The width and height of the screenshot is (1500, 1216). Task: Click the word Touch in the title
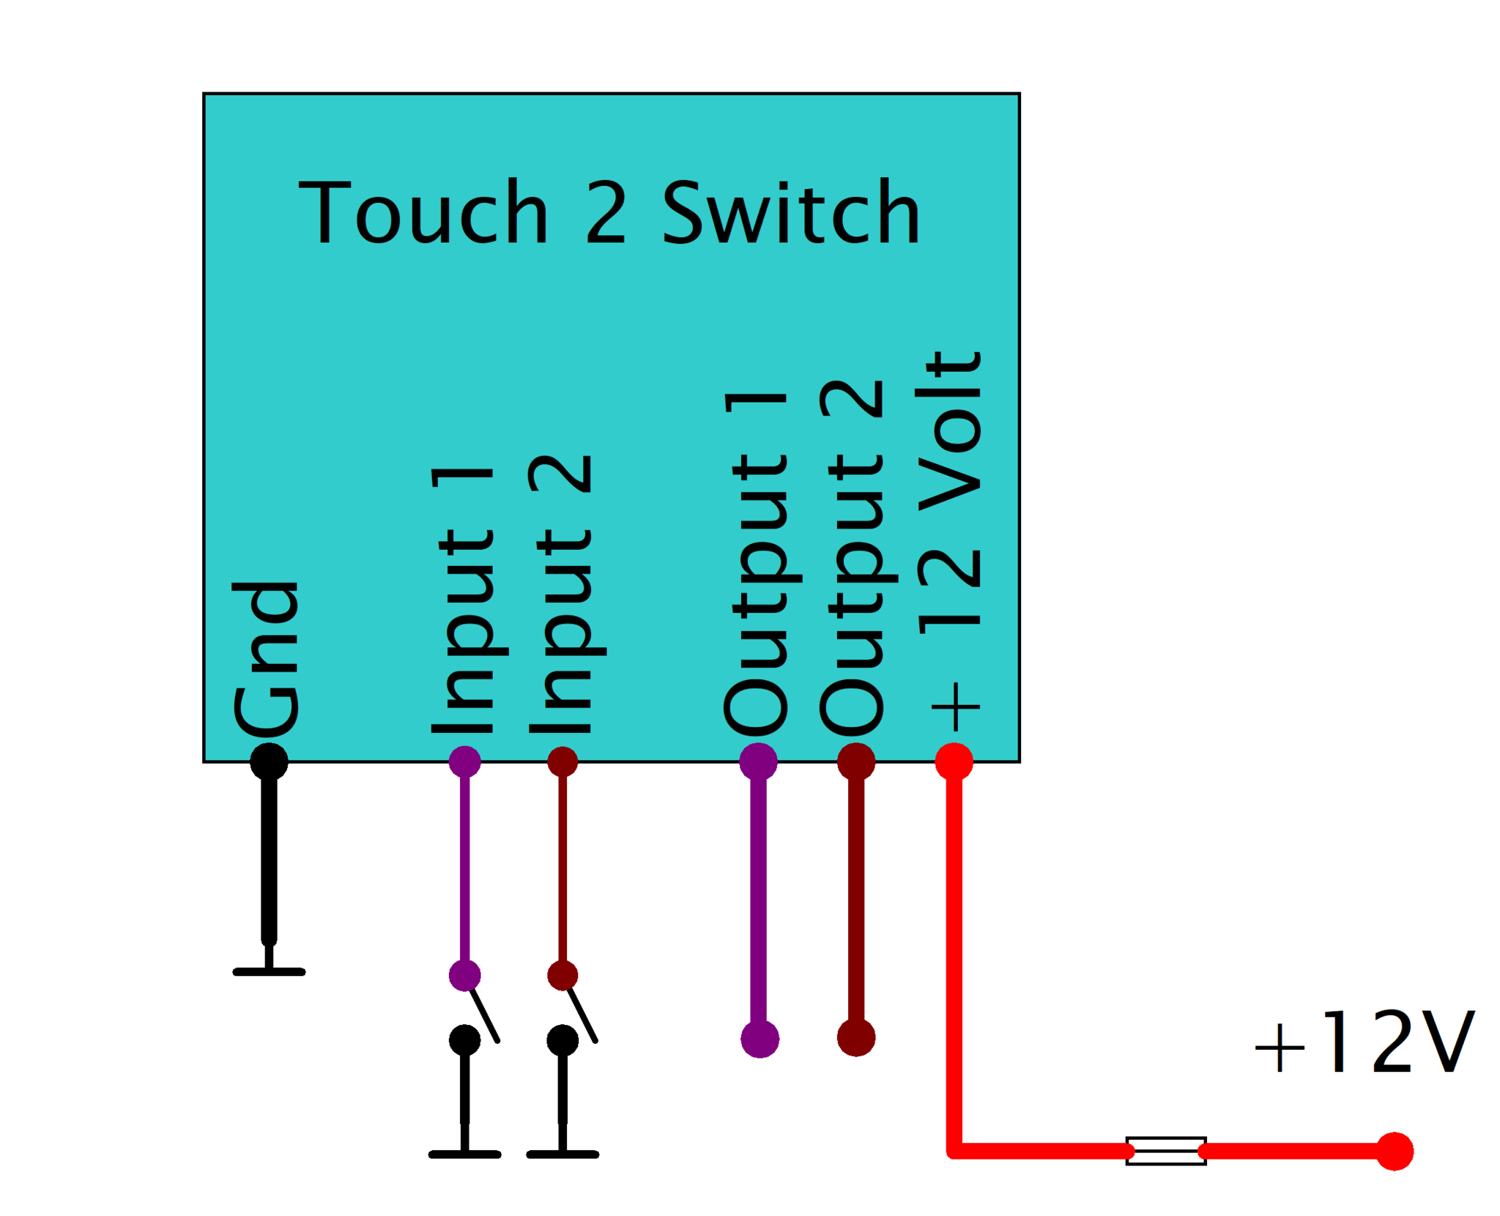pyautogui.click(x=423, y=212)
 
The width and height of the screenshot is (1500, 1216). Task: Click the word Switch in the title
pyautogui.click(x=790, y=212)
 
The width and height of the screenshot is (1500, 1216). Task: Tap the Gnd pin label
pyautogui.click(x=266, y=660)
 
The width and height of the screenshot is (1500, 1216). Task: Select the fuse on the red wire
pyautogui.click(x=1165, y=1151)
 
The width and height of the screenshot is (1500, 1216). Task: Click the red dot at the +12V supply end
pyautogui.click(x=1394, y=1151)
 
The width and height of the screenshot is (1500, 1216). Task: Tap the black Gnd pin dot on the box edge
pyautogui.click(x=269, y=761)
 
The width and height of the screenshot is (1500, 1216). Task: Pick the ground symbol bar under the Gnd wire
pyautogui.click(x=269, y=971)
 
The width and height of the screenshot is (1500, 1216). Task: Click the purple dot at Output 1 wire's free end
pyautogui.click(x=760, y=1039)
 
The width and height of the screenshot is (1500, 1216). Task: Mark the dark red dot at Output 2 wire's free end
pyautogui.click(x=856, y=1037)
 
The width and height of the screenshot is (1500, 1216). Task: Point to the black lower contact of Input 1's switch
pyautogui.click(x=464, y=1040)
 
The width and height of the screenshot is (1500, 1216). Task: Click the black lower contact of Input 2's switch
pyautogui.click(x=562, y=1040)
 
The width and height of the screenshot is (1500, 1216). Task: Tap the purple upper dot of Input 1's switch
pyautogui.click(x=464, y=975)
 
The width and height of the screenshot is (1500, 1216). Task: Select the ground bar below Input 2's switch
pyautogui.click(x=562, y=1155)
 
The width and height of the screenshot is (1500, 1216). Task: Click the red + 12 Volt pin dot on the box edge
pyautogui.click(x=954, y=761)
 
